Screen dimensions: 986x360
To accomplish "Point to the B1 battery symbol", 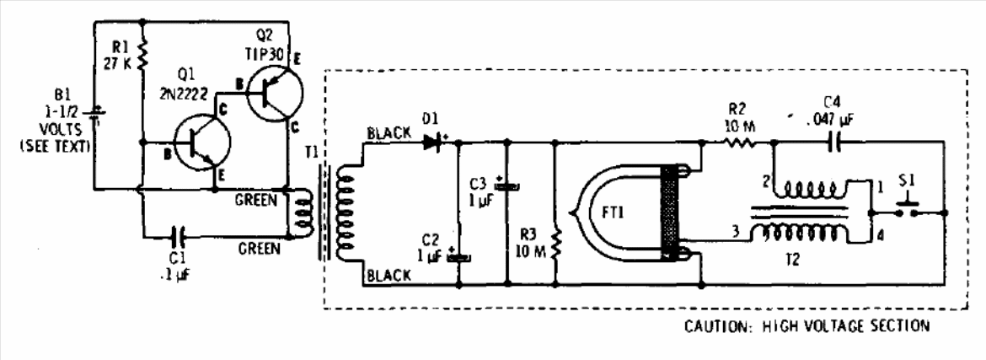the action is [x=95, y=116].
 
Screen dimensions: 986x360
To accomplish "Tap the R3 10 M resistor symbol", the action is [x=556, y=244].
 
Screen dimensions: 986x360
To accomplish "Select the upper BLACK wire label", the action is [x=389, y=133].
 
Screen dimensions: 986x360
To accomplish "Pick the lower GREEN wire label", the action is [x=259, y=249].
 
